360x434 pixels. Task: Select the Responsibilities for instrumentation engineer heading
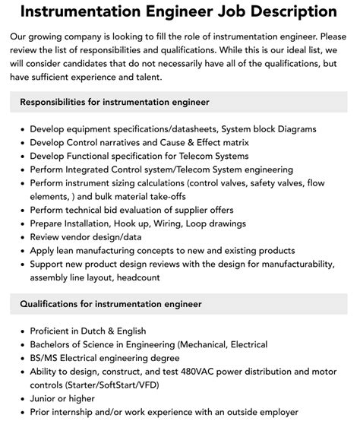[115, 101]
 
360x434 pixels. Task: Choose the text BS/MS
[46, 359]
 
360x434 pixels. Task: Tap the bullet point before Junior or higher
[21, 399]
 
